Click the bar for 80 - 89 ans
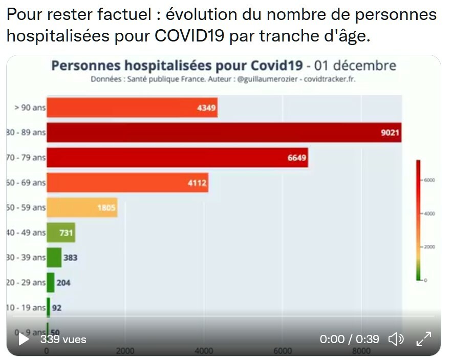point(224,132)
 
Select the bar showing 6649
point(177,157)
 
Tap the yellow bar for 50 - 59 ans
point(82,207)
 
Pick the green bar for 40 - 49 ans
point(61,232)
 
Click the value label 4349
point(206,108)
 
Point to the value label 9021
point(390,133)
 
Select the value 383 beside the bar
point(70,258)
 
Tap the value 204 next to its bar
point(63,283)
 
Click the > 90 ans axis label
point(30,108)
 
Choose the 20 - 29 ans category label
point(26,283)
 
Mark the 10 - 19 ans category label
point(26,308)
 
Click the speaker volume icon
point(396,339)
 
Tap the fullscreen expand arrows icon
point(423,339)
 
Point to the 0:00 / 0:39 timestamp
point(349,339)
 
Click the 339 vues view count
point(63,339)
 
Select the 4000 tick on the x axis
point(204,351)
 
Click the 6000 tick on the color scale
point(429,180)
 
